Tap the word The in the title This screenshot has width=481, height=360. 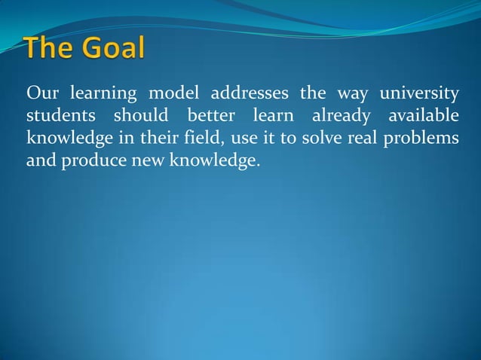pos(50,49)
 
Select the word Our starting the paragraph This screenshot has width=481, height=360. pos(41,94)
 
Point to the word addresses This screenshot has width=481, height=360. pos(251,94)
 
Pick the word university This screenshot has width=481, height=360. pos(418,94)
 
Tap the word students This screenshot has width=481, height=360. pos(60,117)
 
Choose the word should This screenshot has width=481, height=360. pos(140,117)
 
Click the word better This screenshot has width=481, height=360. pos(206,117)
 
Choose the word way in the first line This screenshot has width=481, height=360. pos(351,94)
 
